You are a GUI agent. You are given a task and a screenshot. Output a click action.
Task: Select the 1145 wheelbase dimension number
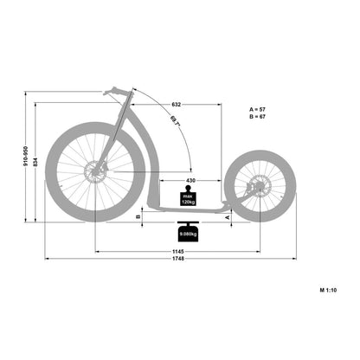pos(177,251)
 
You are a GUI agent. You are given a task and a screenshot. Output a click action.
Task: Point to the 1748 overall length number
pos(177,260)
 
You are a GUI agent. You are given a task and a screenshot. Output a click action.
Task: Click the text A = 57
pos(257,110)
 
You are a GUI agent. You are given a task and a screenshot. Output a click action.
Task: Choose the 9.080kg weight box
pos(188,233)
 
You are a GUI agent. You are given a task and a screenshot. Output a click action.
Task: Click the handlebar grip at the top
pos(113,91)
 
